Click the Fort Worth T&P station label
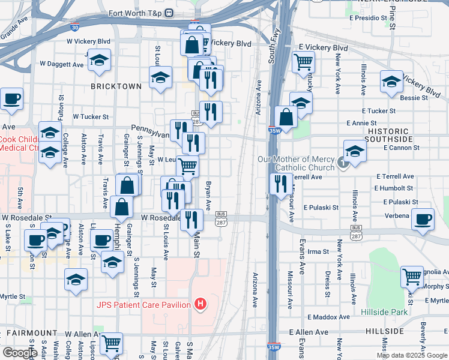136,13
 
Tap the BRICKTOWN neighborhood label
116,86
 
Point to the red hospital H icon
200,305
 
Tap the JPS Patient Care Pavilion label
142,305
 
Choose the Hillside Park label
384,312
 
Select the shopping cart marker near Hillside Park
412,277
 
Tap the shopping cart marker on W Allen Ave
111,343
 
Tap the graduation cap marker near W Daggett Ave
100,60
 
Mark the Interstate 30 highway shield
74,27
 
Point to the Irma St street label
315,251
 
